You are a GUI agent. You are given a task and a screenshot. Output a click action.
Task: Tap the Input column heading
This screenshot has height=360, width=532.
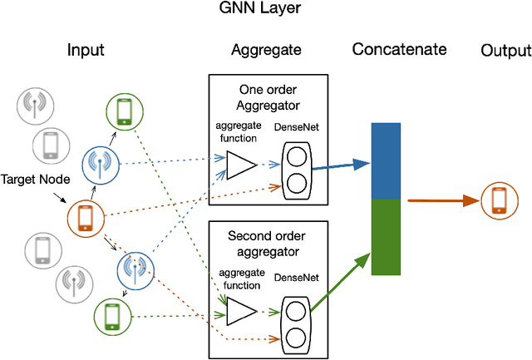tap(86, 51)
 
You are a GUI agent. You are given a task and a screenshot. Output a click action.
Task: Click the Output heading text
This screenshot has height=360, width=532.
tap(505, 52)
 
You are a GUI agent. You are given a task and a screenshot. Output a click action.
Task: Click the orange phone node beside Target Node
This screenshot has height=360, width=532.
tap(85, 218)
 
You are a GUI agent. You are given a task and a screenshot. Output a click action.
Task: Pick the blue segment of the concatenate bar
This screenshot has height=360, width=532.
tap(387, 160)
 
